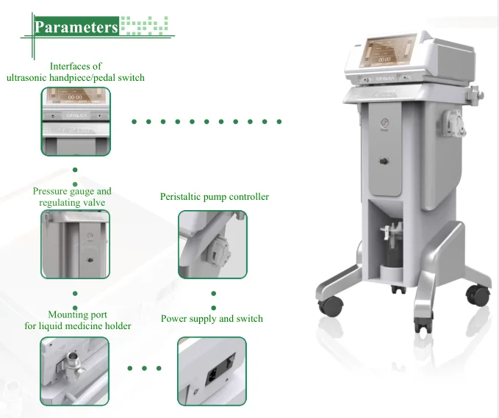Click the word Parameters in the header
pyautogui.click(x=76, y=28)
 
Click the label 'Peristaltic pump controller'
pyautogui.click(x=215, y=197)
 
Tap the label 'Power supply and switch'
pyautogui.click(x=212, y=319)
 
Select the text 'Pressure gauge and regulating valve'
pyautogui.click(x=72, y=197)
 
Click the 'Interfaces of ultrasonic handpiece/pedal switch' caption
pyautogui.click(x=75, y=72)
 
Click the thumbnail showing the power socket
pyautogui.click(x=212, y=371)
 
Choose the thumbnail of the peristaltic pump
pyautogui.click(x=212, y=245)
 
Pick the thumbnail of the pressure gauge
pyautogui.click(x=75, y=245)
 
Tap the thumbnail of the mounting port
pyautogui.click(x=75, y=371)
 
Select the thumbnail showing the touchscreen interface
pyautogui.click(x=75, y=120)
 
